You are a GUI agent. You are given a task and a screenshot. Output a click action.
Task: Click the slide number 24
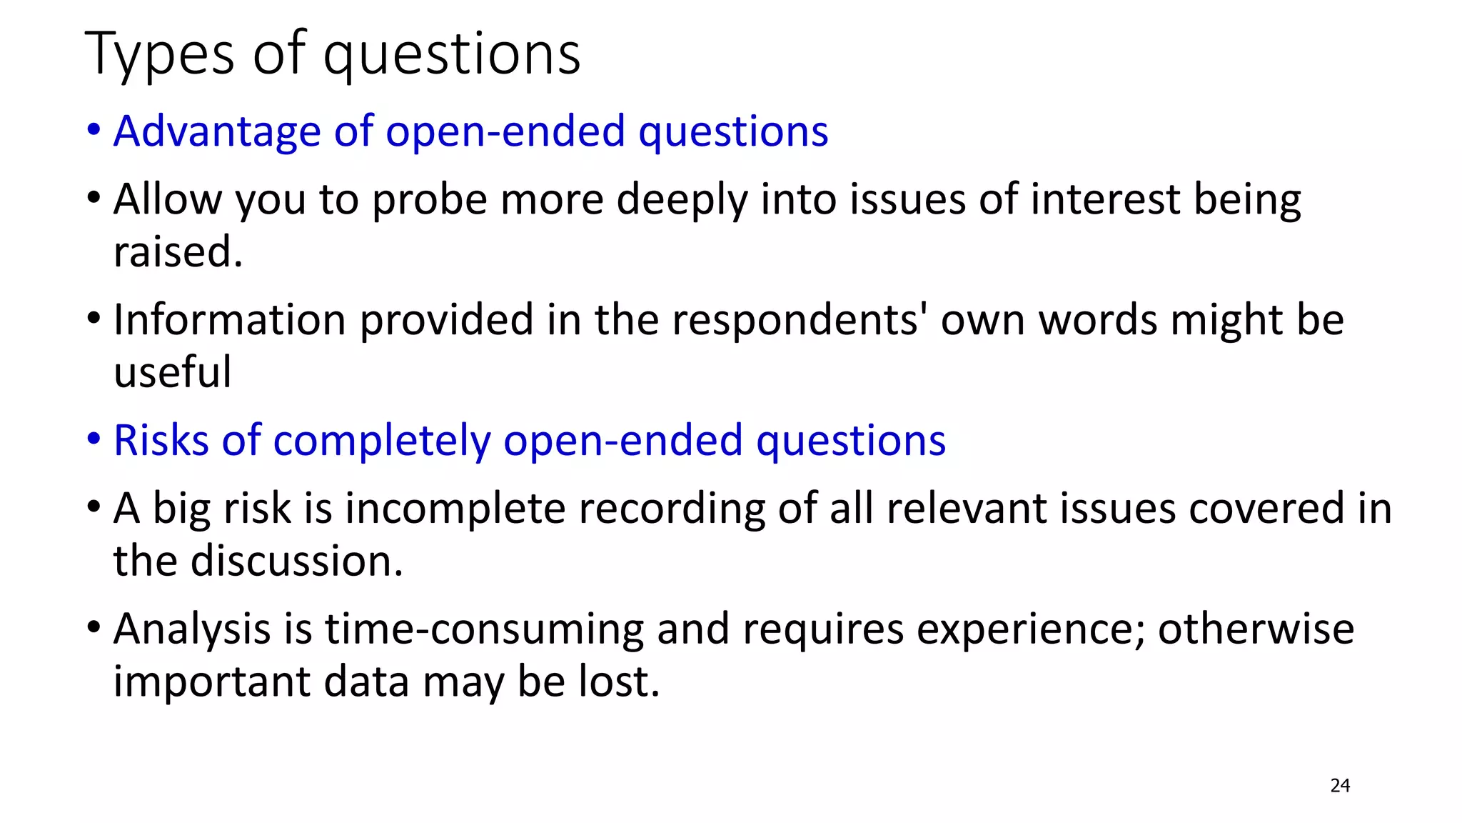[1340, 786]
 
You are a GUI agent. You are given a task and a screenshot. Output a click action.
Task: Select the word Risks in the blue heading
[161, 440]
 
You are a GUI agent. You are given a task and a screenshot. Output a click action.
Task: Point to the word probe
[430, 200]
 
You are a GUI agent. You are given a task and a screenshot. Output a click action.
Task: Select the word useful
[173, 372]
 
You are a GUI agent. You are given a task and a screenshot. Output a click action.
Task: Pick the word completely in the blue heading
[382, 440]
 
